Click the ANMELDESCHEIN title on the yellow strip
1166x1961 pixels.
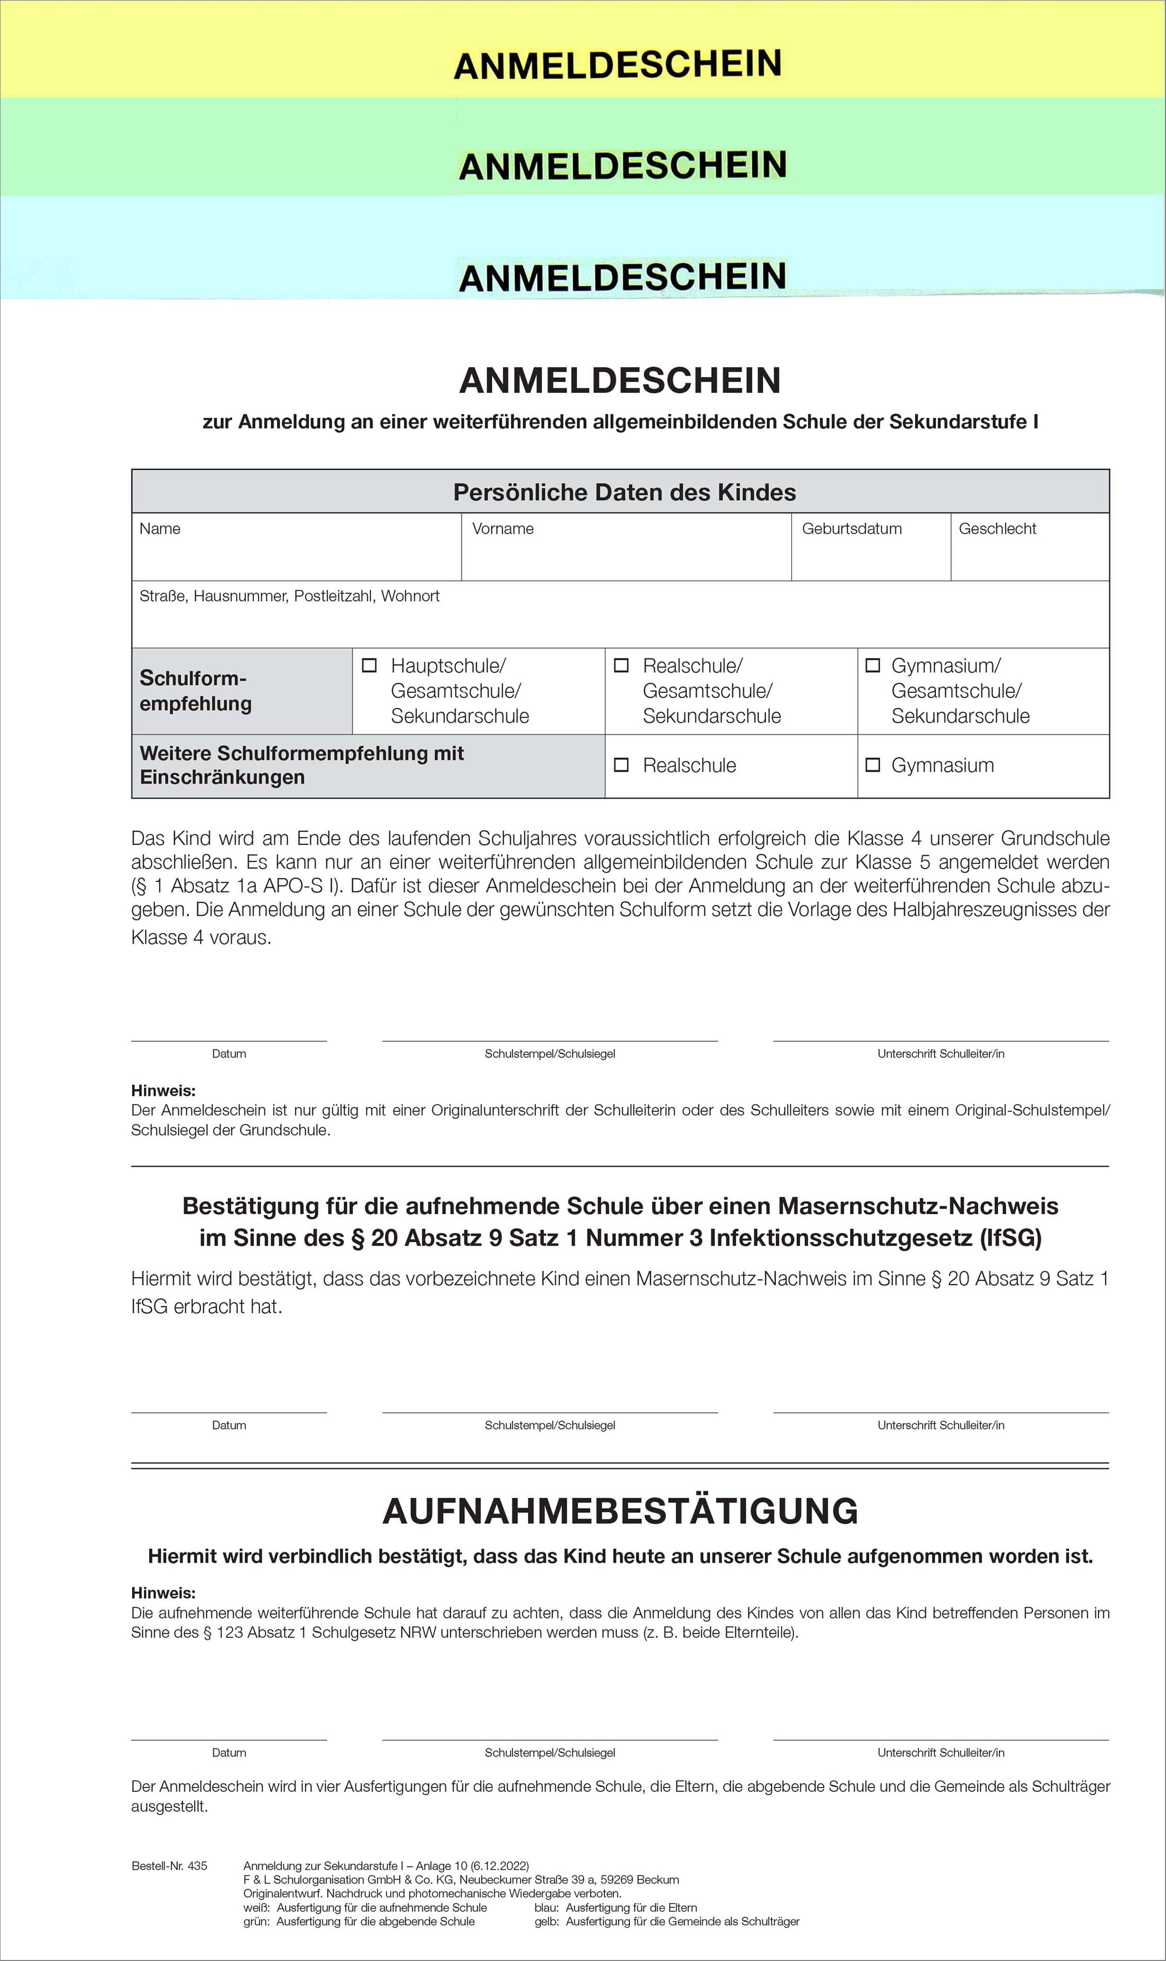[618, 65]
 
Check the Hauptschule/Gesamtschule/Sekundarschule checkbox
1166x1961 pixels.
[368, 665]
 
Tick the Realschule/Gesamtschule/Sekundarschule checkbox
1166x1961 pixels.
[621, 665]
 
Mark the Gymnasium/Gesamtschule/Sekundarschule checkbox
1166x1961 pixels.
[872, 665]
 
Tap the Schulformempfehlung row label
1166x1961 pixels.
[196, 690]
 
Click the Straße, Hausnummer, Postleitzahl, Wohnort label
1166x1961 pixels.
[289, 596]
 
